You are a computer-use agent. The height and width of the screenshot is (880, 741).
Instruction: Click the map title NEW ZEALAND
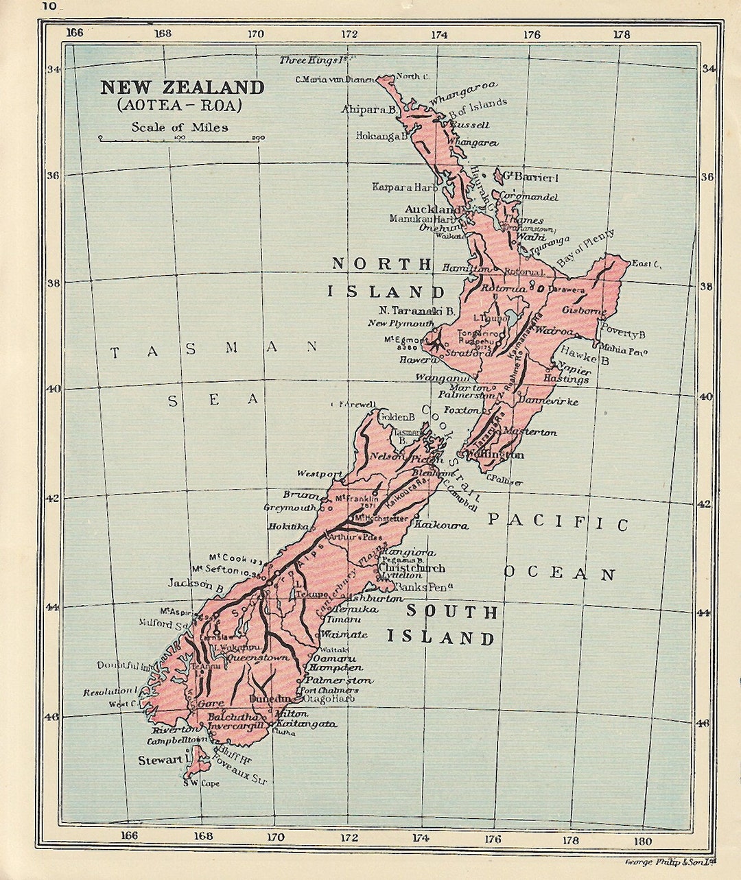coord(182,88)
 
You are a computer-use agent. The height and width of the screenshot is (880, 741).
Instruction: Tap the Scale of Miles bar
coord(181,139)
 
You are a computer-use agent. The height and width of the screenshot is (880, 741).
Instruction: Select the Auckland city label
coord(433,209)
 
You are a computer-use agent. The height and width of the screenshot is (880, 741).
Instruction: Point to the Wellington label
coord(495,455)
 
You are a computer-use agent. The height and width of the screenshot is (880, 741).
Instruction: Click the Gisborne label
coord(584,310)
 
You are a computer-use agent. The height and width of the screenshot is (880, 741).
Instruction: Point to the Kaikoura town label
coord(441,525)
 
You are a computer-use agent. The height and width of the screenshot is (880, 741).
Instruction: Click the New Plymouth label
coord(401,323)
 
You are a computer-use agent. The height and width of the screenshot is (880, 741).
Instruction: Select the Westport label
coord(320,474)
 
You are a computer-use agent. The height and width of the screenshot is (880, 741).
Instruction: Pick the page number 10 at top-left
coord(49,6)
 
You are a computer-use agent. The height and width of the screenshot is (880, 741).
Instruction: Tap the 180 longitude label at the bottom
coord(643,841)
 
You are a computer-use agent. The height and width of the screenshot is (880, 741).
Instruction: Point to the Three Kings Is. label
coord(310,60)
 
